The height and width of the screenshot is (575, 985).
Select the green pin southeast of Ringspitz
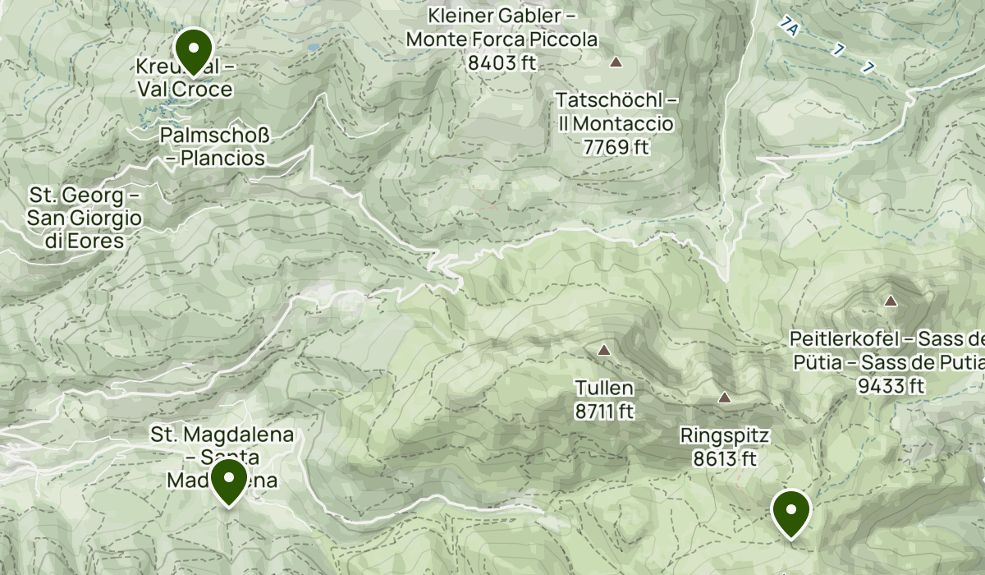791,511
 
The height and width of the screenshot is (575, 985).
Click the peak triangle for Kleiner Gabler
616,62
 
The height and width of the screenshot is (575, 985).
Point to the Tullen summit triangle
604,351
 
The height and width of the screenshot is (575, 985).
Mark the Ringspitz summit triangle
725,398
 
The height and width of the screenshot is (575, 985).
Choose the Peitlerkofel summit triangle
891,301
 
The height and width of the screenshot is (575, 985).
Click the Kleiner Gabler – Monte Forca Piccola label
502,28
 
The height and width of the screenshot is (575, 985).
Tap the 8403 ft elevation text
502,62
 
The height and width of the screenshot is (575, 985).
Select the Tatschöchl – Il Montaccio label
616,113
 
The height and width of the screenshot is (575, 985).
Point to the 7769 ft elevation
616,148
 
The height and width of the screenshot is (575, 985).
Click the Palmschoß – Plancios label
215,146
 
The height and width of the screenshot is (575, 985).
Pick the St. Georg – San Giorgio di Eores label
85,218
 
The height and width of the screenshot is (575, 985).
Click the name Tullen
604,387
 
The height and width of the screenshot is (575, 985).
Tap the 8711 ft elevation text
604,412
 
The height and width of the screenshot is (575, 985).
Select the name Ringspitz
724,435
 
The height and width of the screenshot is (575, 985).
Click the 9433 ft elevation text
891,386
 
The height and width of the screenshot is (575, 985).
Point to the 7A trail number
790,28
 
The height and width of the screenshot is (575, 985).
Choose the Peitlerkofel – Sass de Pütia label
886,350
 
